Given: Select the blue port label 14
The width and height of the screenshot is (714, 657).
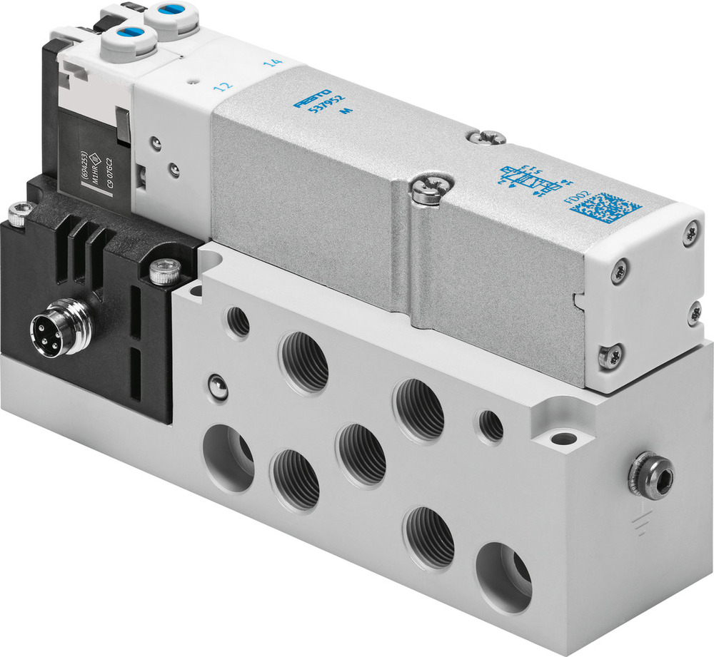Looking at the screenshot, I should pos(271,65).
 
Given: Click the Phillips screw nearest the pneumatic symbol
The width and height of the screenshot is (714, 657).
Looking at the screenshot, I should pos(493,137).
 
